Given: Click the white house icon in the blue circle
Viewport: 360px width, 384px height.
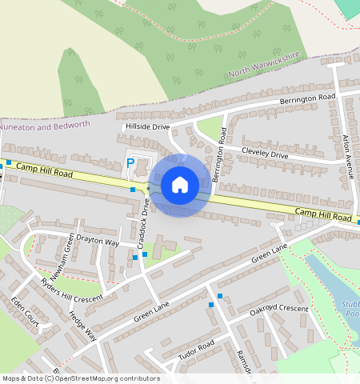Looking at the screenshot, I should [180, 185].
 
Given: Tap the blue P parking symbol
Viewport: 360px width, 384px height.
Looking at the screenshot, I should [130, 163].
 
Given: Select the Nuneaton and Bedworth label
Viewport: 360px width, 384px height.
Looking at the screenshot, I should [46, 126].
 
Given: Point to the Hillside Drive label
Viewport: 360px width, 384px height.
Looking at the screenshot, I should [147, 126].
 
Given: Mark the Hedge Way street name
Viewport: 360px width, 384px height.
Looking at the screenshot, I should [82, 326].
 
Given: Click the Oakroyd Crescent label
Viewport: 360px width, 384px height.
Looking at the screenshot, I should [278, 310].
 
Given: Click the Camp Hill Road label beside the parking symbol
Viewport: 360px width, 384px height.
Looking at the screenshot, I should [45, 170].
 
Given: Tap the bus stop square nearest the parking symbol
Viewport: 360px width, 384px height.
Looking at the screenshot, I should [133, 190].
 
